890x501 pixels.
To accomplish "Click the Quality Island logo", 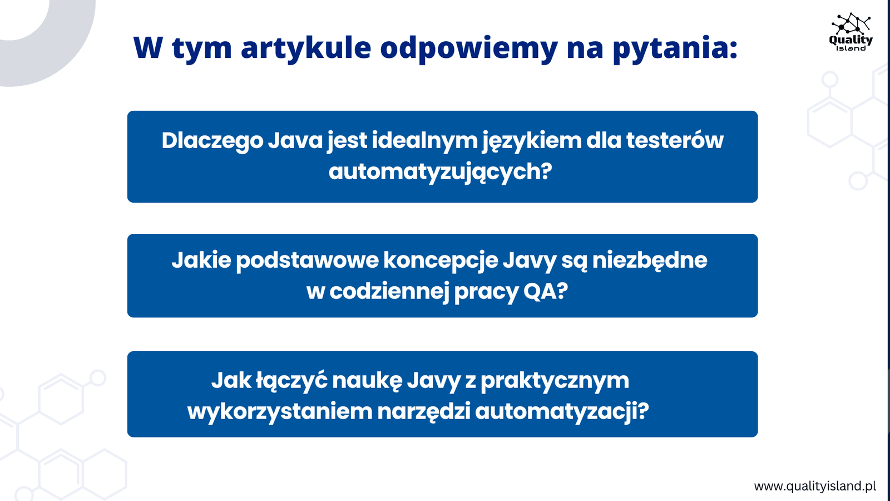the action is [x=851, y=32].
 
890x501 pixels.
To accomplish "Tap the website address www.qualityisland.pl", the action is [x=815, y=487].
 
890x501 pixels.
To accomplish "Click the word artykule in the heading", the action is [x=306, y=48].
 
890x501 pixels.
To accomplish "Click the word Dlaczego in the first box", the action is [x=212, y=141].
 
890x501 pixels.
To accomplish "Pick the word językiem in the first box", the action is [x=532, y=141].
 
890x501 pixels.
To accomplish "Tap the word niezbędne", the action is [x=650, y=261].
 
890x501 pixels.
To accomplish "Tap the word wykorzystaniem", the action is [x=280, y=412].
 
